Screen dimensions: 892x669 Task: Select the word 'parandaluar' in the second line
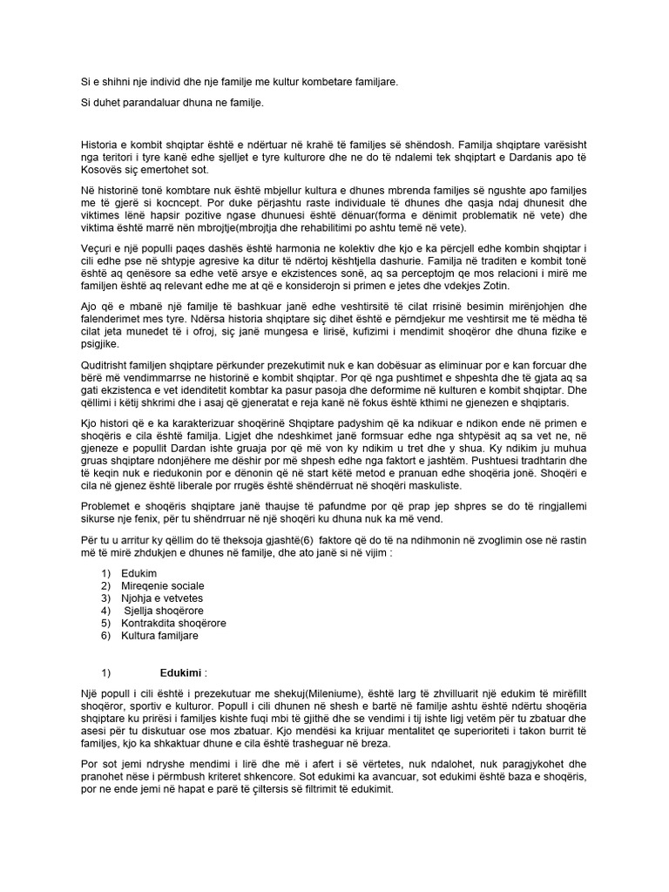[x=145, y=103]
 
